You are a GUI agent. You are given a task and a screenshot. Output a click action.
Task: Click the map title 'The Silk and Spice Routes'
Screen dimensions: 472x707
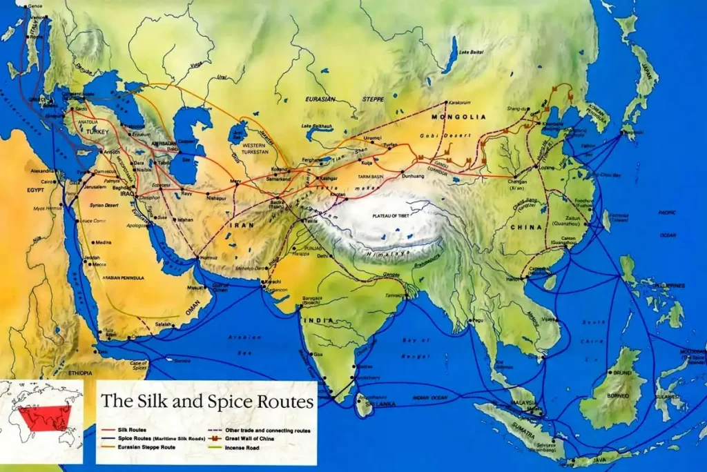(208, 401)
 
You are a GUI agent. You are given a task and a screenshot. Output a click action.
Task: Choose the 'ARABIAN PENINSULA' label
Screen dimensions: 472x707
(121, 277)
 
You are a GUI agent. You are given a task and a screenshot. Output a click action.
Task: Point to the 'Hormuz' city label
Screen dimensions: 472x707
(208, 257)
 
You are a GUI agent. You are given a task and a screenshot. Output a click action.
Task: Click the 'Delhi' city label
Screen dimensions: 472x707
(324, 255)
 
